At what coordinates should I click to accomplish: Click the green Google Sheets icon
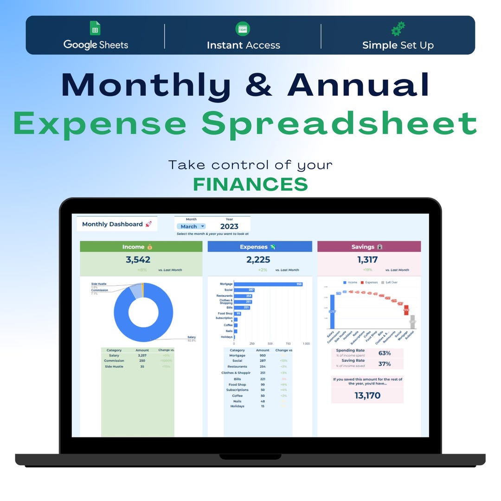pyautogui.click(x=95, y=28)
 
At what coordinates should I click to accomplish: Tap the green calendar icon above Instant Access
pyautogui.click(x=243, y=29)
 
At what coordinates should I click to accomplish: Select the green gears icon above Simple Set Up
pyautogui.click(x=398, y=29)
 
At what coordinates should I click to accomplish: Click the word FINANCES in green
pyautogui.click(x=250, y=184)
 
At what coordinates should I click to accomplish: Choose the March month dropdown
pyautogui.click(x=191, y=226)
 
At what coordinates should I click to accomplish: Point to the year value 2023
pyautogui.click(x=229, y=226)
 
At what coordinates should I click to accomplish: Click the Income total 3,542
pyautogui.click(x=138, y=260)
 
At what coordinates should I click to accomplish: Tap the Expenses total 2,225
pyautogui.click(x=258, y=260)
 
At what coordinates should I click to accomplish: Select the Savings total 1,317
pyautogui.click(x=367, y=260)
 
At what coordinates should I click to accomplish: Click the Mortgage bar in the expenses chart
pyautogui.click(x=268, y=284)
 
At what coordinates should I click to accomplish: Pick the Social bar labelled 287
pyautogui.click(x=244, y=290)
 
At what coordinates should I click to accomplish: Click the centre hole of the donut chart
pyautogui.click(x=143, y=312)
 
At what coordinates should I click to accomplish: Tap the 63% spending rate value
pyautogui.click(x=385, y=353)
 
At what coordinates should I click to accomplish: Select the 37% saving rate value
pyautogui.click(x=385, y=364)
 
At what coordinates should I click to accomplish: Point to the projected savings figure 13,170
pyautogui.click(x=367, y=395)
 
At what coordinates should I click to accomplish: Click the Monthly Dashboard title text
pyautogui.click(x=112, y=224)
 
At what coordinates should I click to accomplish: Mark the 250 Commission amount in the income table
pyautogui.click(x=141, y=361)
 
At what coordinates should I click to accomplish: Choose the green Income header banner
pyautogui.click(x=141, y=247)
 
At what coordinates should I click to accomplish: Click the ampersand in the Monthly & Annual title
pyautogui.click(x=259, y=84)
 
